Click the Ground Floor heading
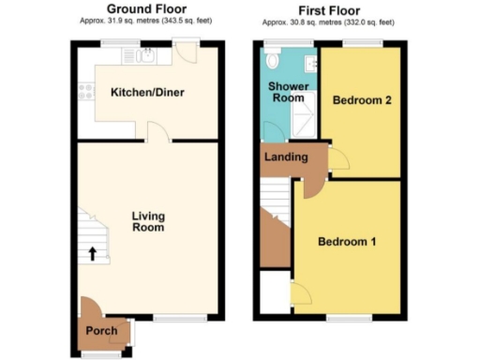(146, 9)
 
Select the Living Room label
(148, 222)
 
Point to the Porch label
(100, 332)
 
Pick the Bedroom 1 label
(347, 242)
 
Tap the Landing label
(285, 157)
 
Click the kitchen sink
(145, 57)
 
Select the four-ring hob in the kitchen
(86, 92)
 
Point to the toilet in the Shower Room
(273, 60)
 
